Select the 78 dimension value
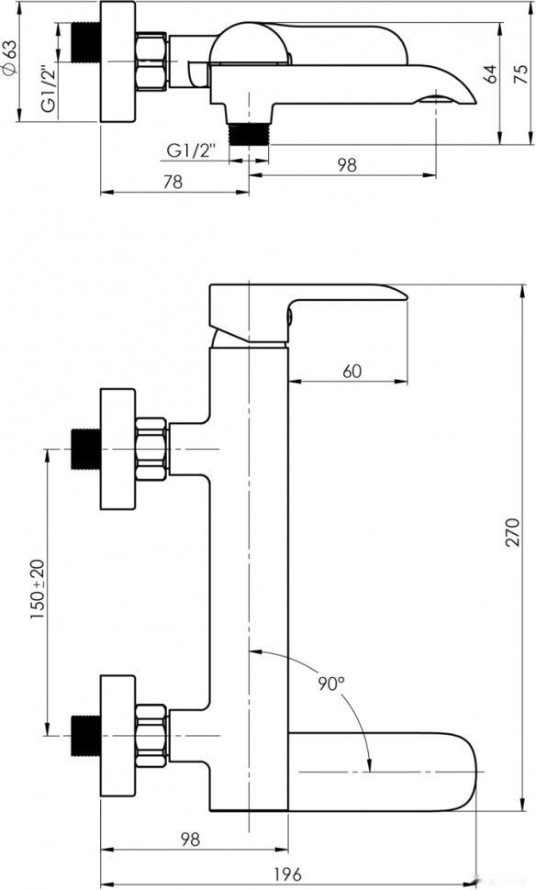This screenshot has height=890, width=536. point(172,181)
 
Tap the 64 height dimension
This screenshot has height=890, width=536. point(490,74)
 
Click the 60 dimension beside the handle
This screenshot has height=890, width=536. point(352,371)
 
